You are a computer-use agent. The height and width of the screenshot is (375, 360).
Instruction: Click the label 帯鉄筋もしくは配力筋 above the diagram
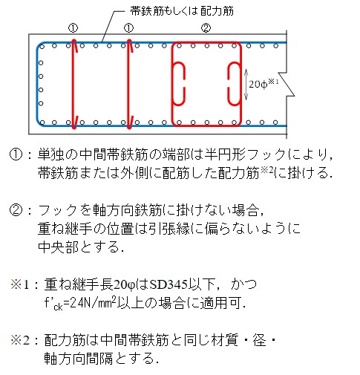(x=182, y=11)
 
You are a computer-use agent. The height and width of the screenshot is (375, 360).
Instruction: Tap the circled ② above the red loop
(x=206, y=28)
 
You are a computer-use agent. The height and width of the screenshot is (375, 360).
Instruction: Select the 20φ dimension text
(x=258, y=85)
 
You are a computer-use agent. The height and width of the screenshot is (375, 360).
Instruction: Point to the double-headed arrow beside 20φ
(x=246, y=85)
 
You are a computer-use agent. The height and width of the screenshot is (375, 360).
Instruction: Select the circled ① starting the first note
(x=16, y=154)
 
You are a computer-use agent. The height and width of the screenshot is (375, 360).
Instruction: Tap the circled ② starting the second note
(x=16, y=210)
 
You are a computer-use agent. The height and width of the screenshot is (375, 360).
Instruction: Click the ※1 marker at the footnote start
(x=20, y=284)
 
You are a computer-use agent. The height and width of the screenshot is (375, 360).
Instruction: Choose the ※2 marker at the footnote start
(x=20, y=340)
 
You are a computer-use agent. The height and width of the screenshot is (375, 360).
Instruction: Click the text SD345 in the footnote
(x=168, y=284)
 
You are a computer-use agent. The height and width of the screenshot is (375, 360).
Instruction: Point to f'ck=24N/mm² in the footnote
(x=80, y=303)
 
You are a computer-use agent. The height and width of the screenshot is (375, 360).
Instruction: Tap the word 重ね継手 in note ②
(x=65, y=229)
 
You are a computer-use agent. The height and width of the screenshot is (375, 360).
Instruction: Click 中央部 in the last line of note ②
(x=58, y=247)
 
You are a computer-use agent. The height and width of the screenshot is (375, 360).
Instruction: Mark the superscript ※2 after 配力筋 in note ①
(x=266, y=170)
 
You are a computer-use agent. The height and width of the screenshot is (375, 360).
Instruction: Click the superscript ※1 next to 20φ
(x=273, y=82)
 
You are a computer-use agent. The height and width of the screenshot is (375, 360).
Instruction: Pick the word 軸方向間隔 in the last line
(x=79, y=359)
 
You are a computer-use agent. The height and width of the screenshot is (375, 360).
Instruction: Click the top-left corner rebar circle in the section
(x=42, y=46)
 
